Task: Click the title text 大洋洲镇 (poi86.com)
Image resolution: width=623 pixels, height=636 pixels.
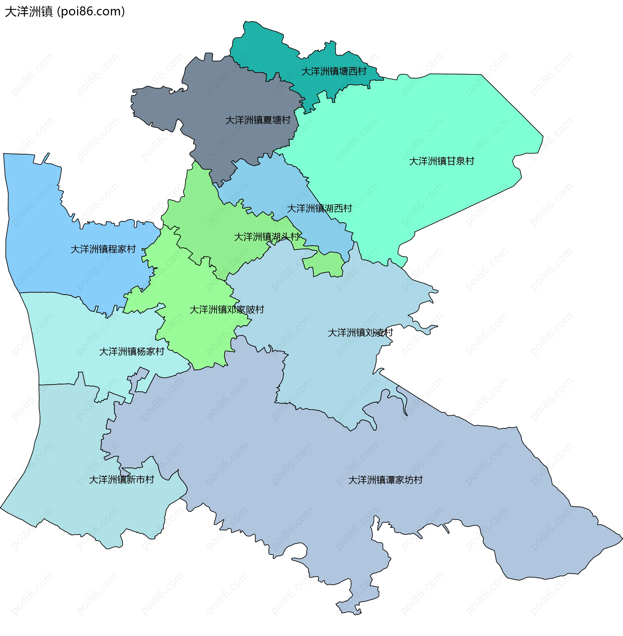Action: pos(65,12)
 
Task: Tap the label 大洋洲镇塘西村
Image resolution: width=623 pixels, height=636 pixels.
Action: pos(334,71)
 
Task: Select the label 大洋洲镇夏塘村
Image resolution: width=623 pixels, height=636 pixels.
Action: pos(258,120)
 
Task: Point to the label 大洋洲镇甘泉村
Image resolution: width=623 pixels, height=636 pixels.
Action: pos(441,161)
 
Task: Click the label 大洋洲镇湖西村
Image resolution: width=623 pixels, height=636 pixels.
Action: pos(319,208)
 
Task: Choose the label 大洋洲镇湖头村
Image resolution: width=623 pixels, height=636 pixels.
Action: pos(266,237)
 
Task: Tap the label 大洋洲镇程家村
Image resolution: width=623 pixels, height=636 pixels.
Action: pos(103,249)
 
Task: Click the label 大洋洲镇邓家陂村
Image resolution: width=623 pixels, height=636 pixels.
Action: pos(227,309)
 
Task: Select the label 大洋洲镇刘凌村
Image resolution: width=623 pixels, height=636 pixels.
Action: pos(360,332)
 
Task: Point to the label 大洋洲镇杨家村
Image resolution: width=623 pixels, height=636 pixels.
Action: pos(131,352)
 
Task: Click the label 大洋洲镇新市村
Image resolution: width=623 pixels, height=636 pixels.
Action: pos(121,480)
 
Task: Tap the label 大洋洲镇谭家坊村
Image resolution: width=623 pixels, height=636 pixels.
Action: pos(385,480)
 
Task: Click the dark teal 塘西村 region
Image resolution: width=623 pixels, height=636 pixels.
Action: pos(262,49)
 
